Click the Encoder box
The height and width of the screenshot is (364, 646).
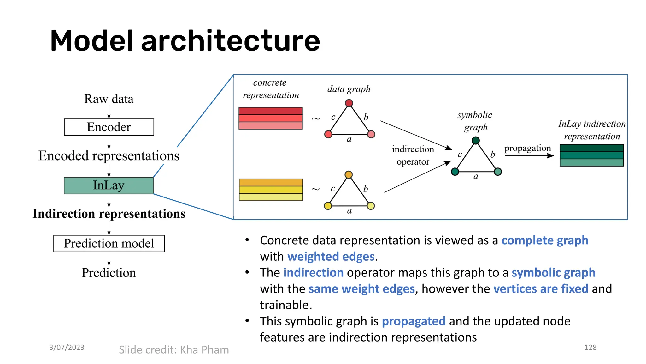[x=109, y=127]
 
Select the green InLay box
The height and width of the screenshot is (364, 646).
[x=109, y=185]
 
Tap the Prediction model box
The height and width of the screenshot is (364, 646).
[x=109, y=243]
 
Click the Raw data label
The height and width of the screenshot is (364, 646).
[x=109, y=99]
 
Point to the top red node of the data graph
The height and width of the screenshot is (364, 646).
[x=349, y=103]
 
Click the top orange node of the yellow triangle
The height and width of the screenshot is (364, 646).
[x=349, y=175]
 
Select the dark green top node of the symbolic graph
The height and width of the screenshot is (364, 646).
[x=476, y=140]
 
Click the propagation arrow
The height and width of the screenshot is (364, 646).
[x=529, y=156]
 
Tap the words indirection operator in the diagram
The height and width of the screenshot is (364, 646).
[x=413, y=155]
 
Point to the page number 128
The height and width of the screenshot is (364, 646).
[x=590, y=347]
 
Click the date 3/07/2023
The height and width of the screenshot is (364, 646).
[x=67, y=347]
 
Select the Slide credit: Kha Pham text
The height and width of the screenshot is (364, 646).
[x=174, y=350]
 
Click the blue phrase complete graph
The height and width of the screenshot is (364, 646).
[x=545, y=240]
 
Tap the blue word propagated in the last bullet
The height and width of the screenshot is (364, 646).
[x=414, y=321]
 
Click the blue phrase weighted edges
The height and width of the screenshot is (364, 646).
[x=331, y=257]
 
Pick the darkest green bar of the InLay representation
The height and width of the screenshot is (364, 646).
[x=591, y=148]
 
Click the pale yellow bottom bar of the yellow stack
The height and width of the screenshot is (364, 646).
[x=271, y=197]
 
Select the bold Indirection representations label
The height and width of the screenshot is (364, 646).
[x=109, y=214]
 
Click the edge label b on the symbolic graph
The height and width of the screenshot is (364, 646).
[x=493, y=154]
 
